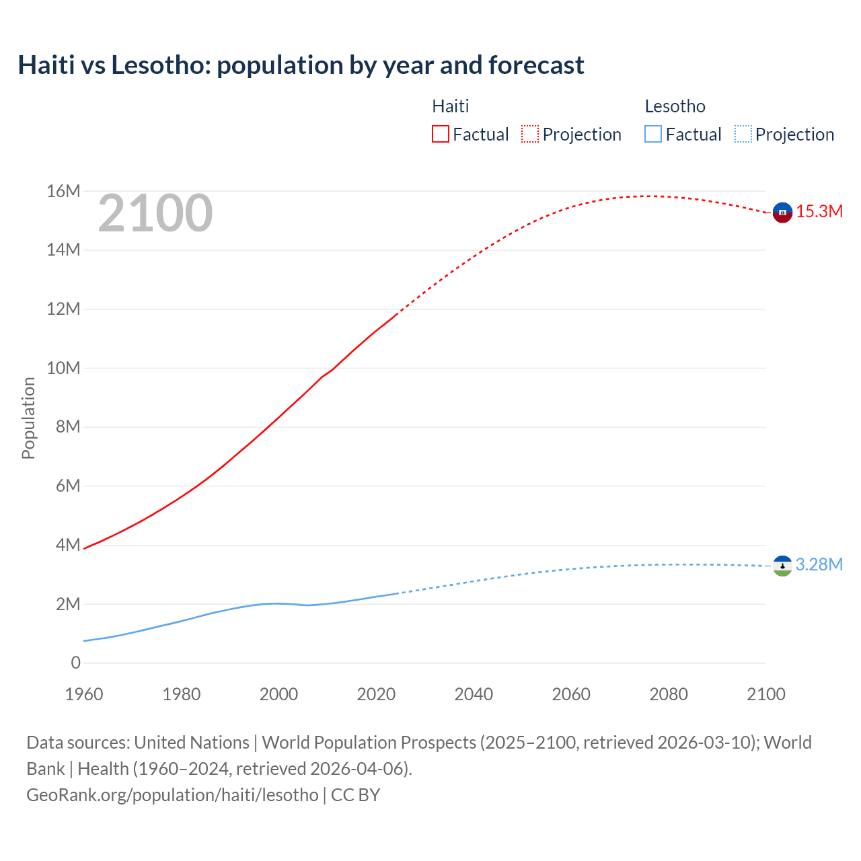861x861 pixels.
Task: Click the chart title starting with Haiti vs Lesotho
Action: point(301,65)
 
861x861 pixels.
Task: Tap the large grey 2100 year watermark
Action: point(155,213)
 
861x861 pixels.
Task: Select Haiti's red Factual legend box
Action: point(440,134)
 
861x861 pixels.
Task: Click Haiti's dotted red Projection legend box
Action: point(530,134)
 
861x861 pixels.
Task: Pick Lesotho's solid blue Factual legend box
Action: point(652,134)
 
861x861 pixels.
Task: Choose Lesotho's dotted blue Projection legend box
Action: point(743,134)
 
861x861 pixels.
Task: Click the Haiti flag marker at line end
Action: point(782,213)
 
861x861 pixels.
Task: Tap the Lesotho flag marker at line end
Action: point(782,566)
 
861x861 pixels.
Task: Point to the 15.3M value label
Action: point(819,212)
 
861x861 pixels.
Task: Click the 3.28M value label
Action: point(819,565)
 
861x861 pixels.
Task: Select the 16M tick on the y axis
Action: point(63,192)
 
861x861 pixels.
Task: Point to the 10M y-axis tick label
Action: point(63,369)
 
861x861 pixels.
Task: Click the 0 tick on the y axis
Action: point(75,663)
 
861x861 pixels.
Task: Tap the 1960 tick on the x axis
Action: point(84,694)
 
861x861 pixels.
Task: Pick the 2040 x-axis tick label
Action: point(474,694)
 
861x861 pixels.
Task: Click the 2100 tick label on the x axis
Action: point(765,694)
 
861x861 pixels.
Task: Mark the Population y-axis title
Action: point(28,418)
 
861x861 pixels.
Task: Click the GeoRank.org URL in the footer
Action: point(172,795)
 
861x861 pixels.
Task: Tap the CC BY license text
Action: point(355,795)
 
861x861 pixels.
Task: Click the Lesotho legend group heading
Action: point(675,106)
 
